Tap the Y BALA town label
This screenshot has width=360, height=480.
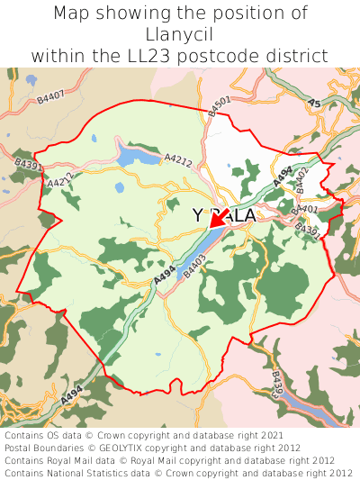(225, 216)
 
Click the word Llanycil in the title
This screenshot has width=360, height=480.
(180, 34)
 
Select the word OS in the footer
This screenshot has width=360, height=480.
(60, 435)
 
